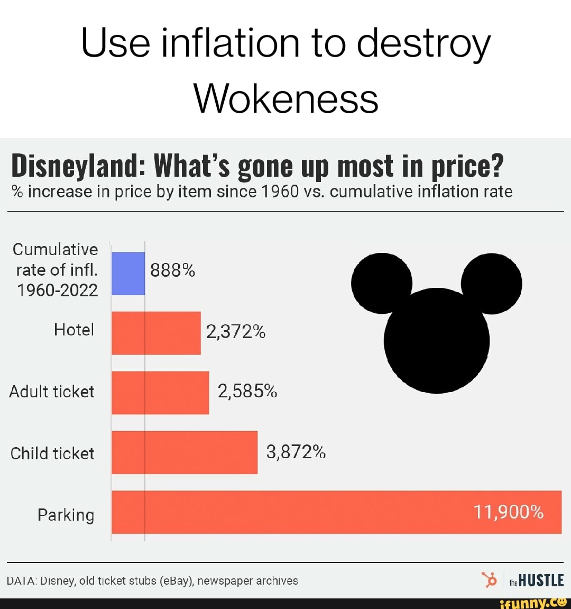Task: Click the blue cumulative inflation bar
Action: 128,273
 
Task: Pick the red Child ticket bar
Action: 185,452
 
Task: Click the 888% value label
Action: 173,271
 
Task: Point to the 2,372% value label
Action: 236,332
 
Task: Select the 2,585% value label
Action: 247,392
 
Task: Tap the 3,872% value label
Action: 296,452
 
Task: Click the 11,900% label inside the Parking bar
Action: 508,512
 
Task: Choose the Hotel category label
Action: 74,330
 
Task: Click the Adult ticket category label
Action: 52,392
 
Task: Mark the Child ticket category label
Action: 52,453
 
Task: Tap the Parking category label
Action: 66,515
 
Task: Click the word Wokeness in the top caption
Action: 286,99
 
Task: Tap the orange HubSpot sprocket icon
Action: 490,579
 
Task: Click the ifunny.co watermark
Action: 533,603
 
